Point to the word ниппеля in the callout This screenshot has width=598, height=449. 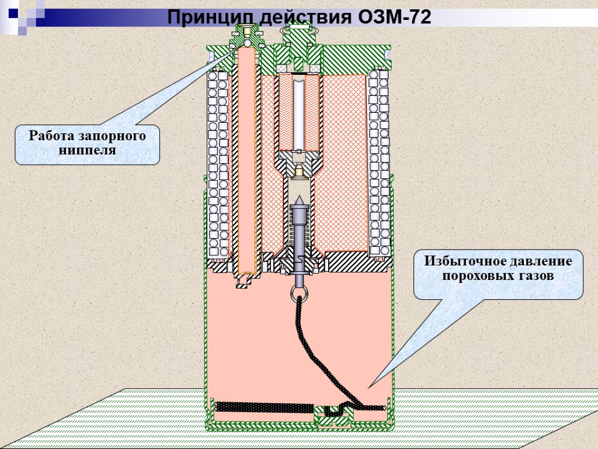point(88,150)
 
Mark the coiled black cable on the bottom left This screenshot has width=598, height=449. point(263,405)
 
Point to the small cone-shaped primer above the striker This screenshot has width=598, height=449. point(300,170)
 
